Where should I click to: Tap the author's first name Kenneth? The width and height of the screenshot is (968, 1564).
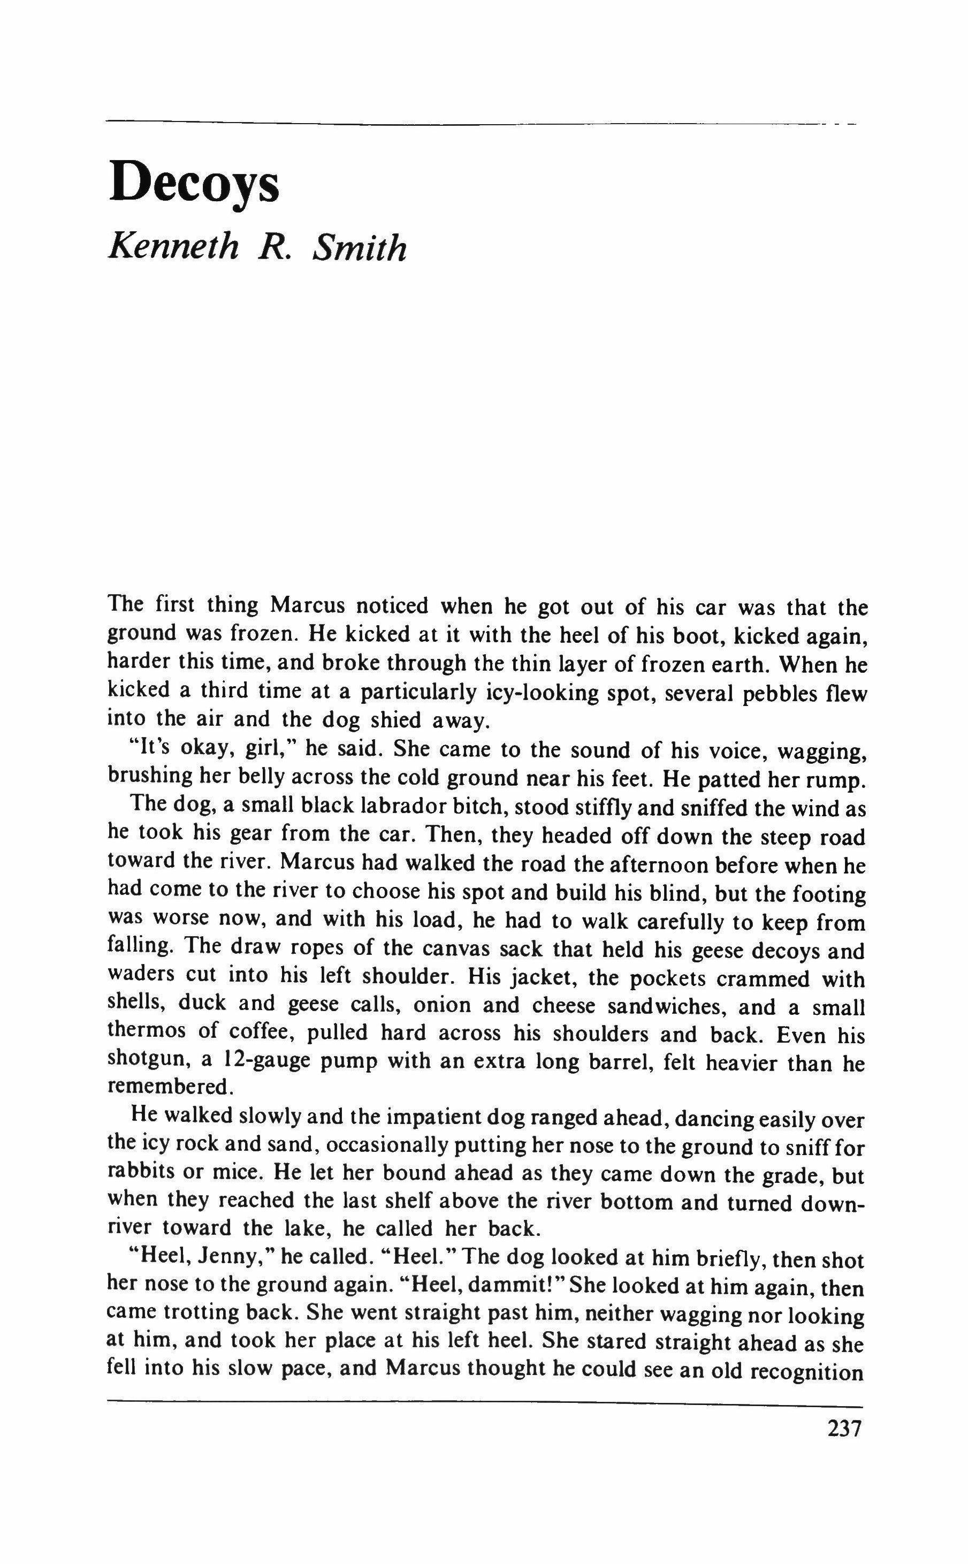pyautogui.click(x=173, y=246)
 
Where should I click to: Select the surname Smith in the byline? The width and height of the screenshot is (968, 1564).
pyautogui.click(x=359, y=247)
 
